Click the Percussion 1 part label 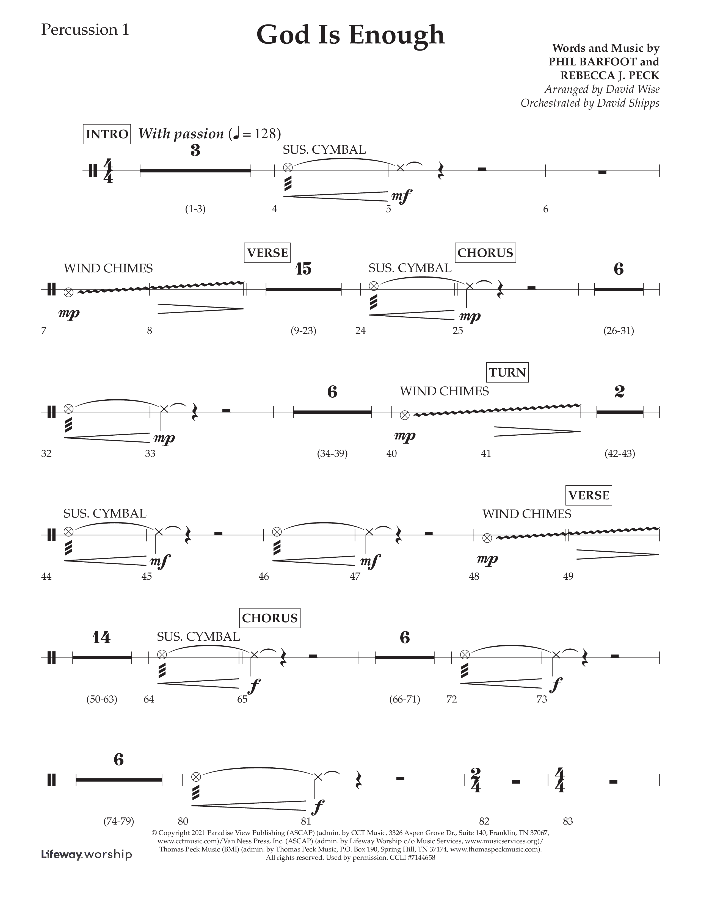(x=85, y=30)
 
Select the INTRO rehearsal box (x=107, y=134)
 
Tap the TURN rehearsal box (x=507, y=372)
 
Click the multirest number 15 (x=303, y=269)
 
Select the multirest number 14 (x=101, y=637)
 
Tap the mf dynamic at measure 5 (x=402, y=196)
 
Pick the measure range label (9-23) (x=303, y=331)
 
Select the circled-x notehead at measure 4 (x=287, y=168)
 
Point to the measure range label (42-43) (x=620, y=453)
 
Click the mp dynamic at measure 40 (x=404, y=436)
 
